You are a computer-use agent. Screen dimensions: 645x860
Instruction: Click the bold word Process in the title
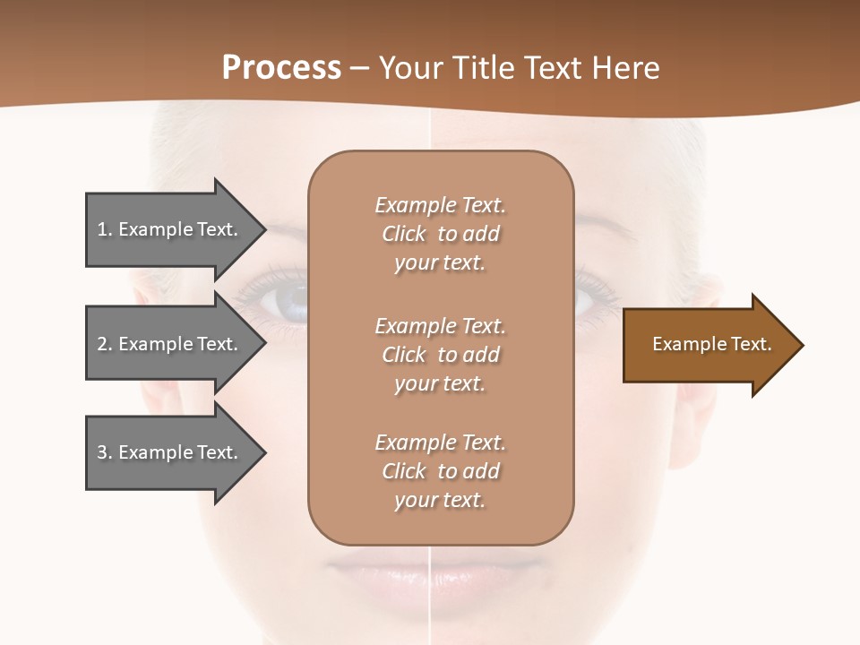pyautogui.click(x=281, y=68)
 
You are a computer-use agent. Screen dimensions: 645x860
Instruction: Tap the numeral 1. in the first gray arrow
pyautogui.click(x=105, y=229)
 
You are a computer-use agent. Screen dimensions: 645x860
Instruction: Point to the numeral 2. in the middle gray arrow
pyautogui.click(x=105, y=344)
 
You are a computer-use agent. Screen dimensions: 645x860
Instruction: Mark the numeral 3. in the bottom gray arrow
pyautogui.click(x=105, y=452)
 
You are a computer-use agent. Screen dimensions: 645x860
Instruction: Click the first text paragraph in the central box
pyautogui.click(x=440, y=234)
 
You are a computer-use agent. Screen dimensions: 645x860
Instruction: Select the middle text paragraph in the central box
pyautogui.click(x=440, y=354)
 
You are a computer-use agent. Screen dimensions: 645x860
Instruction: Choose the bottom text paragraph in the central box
pyautogui.click(x=440, y=471)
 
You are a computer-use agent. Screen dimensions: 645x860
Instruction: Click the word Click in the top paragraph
pyautogui.click(x=404, y=234)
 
